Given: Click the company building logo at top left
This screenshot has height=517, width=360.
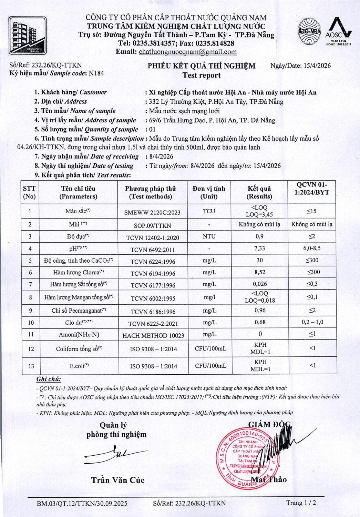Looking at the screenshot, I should point(27,35).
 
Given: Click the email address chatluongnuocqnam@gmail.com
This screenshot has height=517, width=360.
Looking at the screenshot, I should point(188,52).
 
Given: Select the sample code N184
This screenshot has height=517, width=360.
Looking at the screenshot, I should point(96,73).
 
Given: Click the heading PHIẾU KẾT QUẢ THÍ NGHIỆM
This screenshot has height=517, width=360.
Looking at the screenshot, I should point(202,66).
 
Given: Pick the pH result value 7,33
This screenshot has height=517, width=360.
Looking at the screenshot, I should point(259,249).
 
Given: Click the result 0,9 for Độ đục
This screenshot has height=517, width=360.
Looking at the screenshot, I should point(259,236).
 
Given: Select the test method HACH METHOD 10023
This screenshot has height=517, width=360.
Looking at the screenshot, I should point(153,335).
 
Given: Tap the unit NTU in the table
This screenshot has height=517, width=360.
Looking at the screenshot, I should point(209,236).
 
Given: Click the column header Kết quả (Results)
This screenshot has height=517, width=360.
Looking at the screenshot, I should point(259,192).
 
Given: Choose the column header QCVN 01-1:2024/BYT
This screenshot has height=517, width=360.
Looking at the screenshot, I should point(312,189).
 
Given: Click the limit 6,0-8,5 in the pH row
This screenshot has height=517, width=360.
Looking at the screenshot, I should point(312,248).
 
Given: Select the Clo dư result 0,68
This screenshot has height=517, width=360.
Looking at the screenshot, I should point(260,322).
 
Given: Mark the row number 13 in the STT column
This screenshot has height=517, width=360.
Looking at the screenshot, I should point(31,366).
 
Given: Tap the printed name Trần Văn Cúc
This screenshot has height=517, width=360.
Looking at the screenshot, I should point(117,480).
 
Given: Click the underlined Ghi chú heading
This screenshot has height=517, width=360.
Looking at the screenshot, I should point(49,379).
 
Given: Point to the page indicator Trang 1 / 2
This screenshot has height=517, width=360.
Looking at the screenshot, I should point(301,503).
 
